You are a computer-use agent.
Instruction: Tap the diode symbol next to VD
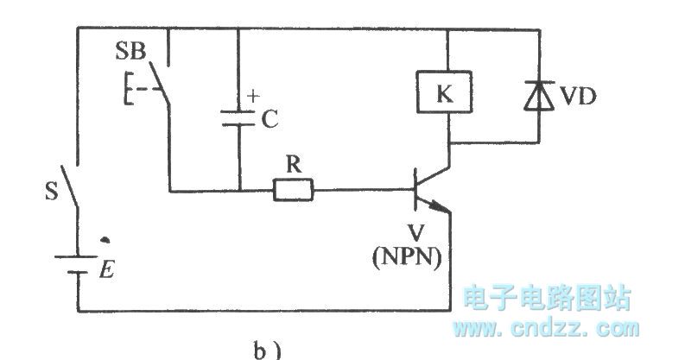(538, 94)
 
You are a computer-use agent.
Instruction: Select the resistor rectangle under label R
(295, 190)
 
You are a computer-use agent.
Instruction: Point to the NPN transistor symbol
(428, 190)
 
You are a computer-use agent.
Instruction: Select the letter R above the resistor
(294, 166)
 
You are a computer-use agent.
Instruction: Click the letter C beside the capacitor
(270, 121)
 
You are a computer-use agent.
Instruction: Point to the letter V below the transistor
(405, 236)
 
